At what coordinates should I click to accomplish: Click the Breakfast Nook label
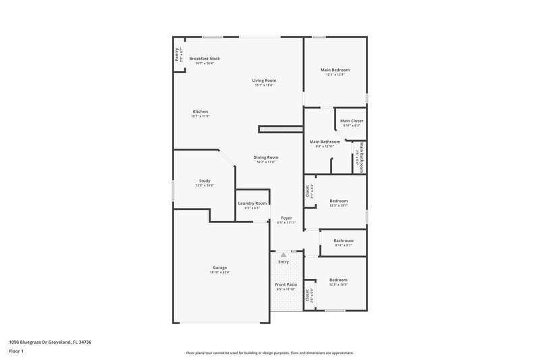(204, 59)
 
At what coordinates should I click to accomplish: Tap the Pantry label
(177, 55)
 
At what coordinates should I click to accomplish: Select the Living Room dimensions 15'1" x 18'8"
(264, 85)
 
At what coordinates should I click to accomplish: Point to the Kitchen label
(200, 111)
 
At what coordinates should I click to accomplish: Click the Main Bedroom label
(335, 70)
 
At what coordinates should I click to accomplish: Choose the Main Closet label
(351, 121)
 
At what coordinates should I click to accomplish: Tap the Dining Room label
(266, 157)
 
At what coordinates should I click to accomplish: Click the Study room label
(205, 180)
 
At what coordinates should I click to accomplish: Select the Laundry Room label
(252, 203)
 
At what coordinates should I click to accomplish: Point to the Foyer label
(286, 217)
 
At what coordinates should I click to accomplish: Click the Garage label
(220, 267)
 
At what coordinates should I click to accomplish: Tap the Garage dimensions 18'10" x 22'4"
(220, 272)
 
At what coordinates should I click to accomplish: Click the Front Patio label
(286, 285)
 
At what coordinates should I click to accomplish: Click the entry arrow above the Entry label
(283, 255)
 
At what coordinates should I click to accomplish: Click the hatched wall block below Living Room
(279, 128)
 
